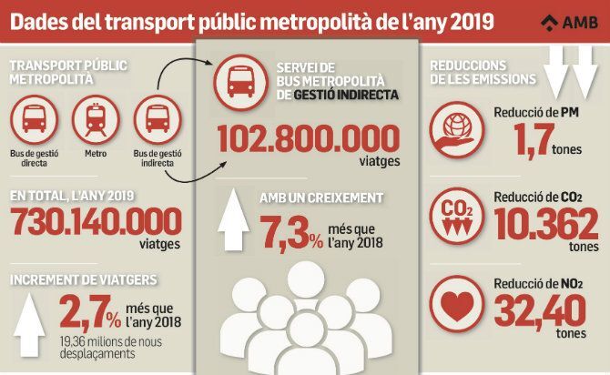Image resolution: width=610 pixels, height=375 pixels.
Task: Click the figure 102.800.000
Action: click(309, 141)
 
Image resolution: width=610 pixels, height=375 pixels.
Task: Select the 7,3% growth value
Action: click(289, 233)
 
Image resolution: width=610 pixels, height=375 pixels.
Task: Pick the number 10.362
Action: click(544, 222)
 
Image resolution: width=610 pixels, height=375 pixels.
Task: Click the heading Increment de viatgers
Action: click(78, 279)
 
